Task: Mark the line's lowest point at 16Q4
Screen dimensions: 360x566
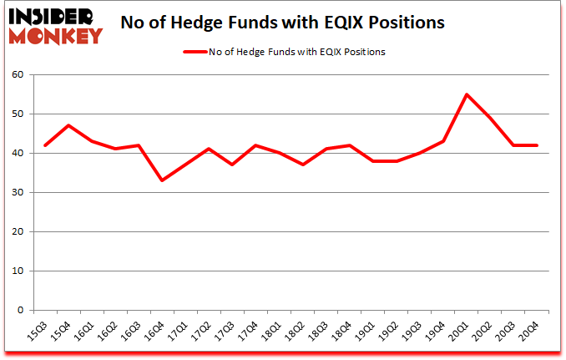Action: pyautogui.click(x=161, y=180)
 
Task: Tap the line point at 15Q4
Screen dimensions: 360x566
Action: pyautogui.click(x=68, y=125)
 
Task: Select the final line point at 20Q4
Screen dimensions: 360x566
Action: pyautogui.click(x=536, y=145)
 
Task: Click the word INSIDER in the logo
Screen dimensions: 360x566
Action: pyautogui.click(x=54, y=16)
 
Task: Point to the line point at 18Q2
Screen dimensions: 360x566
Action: pyautogui.click(x=302, y=165)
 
